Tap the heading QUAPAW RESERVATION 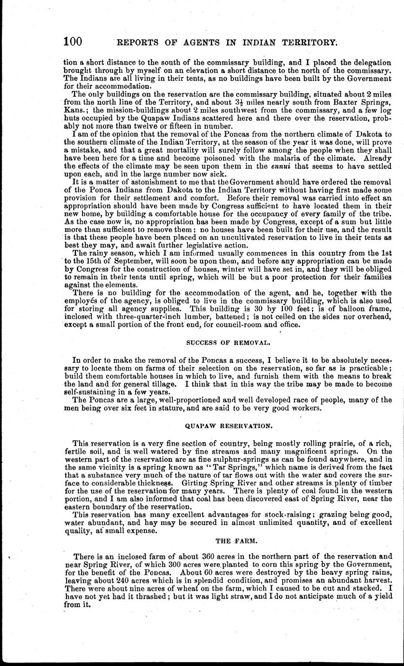(x=229, y=426)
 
